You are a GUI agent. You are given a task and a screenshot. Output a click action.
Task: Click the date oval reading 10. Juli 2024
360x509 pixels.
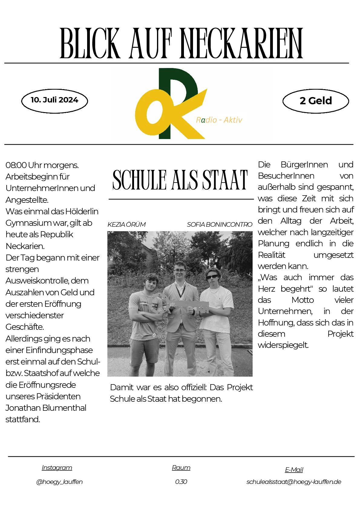pos(54,101)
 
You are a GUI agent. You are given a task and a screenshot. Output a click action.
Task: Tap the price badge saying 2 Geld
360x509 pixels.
pos(316,101)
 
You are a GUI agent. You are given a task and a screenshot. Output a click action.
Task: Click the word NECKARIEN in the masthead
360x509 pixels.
pos(242,44)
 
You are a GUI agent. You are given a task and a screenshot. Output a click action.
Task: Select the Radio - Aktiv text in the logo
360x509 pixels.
pos(219,120)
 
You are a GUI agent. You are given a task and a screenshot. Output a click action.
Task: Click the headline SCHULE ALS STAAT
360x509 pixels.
pos(180,180)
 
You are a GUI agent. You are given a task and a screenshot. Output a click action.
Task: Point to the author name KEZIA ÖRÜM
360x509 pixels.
pos(126,225)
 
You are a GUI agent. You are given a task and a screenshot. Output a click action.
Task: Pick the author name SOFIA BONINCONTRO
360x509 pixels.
pos(219,225)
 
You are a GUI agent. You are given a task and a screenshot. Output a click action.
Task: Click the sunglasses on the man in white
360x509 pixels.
pos(212,277)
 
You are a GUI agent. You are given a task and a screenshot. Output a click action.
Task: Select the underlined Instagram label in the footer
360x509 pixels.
pos(57,468)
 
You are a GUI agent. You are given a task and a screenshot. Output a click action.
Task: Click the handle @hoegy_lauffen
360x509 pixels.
pos(59,482)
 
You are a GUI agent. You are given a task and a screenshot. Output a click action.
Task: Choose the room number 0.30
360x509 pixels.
pos(181,482)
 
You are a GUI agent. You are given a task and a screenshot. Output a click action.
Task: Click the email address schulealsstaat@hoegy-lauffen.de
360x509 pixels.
pos(294,482)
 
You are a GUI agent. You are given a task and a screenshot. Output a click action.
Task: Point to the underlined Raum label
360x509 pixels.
pos(181,468)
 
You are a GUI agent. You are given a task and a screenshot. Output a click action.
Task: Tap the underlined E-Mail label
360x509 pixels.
pos(294,470)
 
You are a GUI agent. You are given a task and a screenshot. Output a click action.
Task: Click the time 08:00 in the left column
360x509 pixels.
pos(16,165)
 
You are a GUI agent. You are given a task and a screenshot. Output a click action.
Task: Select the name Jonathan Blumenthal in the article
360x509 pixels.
pos(46,408)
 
